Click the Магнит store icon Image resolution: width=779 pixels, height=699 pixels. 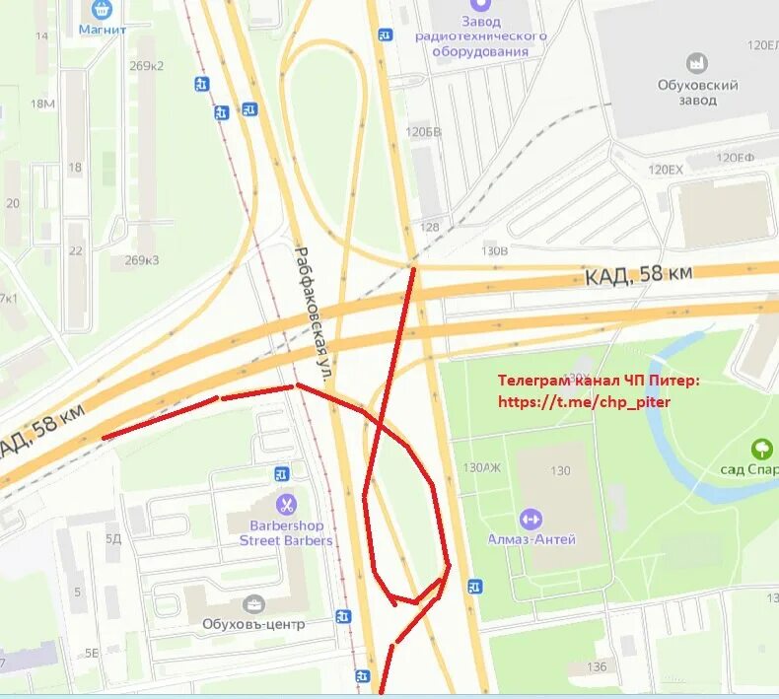(103, 10)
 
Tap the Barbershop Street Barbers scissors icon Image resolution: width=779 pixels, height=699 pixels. (286, 505)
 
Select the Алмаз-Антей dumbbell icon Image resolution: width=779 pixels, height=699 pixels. (531, 519)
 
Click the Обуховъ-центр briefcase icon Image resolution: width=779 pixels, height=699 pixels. (253, 604)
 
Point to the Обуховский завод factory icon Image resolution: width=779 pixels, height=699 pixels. (698, 64)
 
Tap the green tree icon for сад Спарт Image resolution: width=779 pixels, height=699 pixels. (761, 450)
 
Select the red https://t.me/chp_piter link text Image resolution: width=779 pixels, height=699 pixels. (584, 402)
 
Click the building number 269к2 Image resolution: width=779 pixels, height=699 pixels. (144, 66)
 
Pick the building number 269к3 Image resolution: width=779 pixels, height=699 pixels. (142, 260)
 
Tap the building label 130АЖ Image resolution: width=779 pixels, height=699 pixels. (481, 467)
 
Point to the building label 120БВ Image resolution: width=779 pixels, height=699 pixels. (423, 131)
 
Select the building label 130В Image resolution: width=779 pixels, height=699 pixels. (493, 250)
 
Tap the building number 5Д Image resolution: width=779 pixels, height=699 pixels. (113, 538)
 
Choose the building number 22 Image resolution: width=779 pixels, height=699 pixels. (76, 250)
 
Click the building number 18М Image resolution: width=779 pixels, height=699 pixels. (42, 105)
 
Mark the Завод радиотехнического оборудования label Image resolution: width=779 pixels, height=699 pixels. (480, 35)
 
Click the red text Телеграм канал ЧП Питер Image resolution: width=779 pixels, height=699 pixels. (599, 381)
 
